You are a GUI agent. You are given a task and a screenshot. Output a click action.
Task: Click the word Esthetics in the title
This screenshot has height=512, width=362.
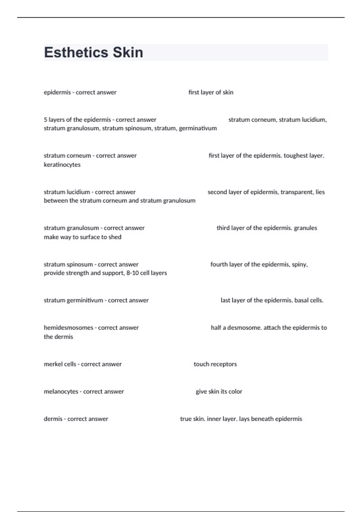(x=76, y=52)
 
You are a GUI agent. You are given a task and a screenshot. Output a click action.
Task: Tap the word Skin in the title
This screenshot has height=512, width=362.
(x=128, y=52)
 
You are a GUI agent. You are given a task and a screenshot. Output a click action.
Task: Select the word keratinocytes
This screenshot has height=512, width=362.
(x=62, y=165)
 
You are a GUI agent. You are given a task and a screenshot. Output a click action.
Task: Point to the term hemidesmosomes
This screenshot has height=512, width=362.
(x=68, y=328)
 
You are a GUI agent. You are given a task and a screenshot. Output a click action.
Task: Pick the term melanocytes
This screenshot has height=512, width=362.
(x=61, y=392)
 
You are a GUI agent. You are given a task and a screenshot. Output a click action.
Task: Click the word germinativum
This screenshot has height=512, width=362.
(x=198, y=128)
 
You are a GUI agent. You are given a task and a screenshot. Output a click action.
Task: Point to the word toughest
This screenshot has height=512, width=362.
(x=295, y=156)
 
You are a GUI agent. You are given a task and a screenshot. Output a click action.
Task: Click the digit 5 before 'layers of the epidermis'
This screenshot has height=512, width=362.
(x=46, y=120)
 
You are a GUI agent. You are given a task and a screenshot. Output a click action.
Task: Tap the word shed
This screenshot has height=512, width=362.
(x=115, y=237)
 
